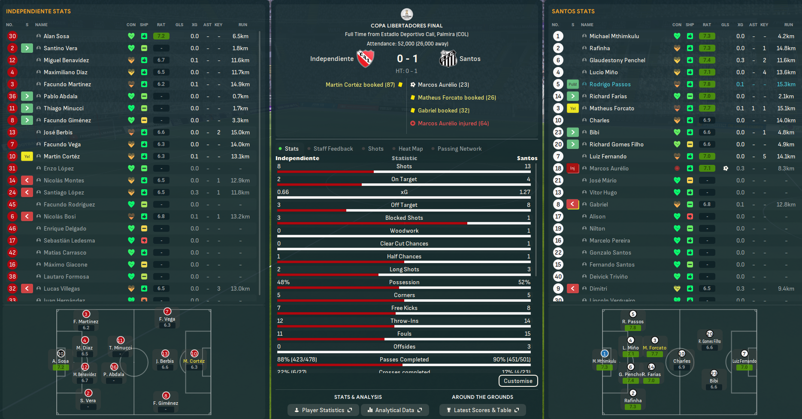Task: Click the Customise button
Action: pyautogui.click(x=518, y=381)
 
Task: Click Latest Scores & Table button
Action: pyautogui.click(x=482, y=410)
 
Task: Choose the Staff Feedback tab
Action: pyautogui.click(x=333, y=149)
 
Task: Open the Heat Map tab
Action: pyautogui.click(x=410, y=149)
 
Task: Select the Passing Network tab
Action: pyautogui.click(x=459, y=149)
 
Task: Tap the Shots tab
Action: pyautogui.click(x=375, y=149)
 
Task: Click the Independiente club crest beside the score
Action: pyautogui.click(x=365, y=58)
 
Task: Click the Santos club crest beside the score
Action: pyautogui.click(x=448, y=58)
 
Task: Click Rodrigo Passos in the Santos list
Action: pyautogui.click(x=610, y=84)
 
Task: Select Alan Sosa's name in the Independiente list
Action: pyautogui.click(x=56, y=36)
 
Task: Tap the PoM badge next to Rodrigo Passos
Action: pyautogui.click(x=572, y=84)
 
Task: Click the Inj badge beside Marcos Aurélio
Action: pyautogui.click(x=572, y=168)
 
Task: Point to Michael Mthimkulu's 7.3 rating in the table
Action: pyautogui.click(x=707, y=36)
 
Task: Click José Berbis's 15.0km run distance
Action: pyautogui.click(x=240, y=132)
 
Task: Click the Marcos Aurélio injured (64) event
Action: pyautogui.click(x=453, y=123)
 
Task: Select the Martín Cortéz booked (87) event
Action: pyautogui.click(x=360, y=85)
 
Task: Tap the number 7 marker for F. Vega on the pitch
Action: pyautogui.click(x=167, y=311)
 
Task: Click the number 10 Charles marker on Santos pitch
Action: pyautogui.click(x=682, y=353)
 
